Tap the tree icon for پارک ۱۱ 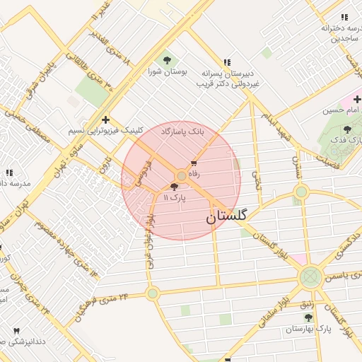175,187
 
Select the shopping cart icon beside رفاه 194,163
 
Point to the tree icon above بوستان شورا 167,60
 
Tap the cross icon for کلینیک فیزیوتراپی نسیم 105,119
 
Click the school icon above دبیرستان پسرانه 226,62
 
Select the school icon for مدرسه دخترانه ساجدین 344,17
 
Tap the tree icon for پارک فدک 346,130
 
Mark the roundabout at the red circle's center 182,175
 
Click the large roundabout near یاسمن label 310,276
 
